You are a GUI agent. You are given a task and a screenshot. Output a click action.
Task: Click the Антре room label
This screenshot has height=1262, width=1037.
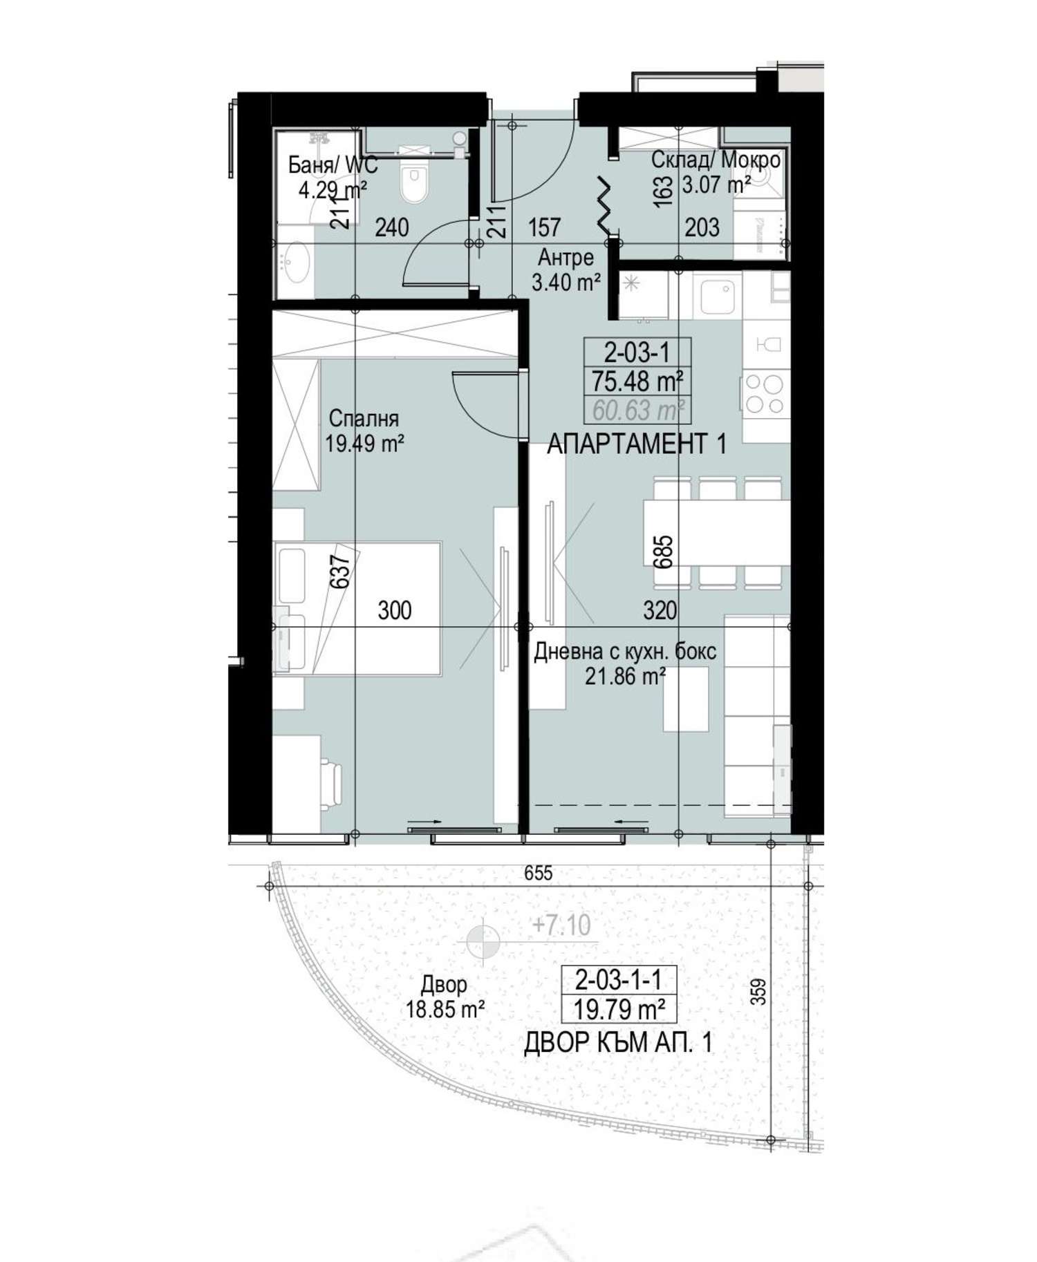[x=566, y=258]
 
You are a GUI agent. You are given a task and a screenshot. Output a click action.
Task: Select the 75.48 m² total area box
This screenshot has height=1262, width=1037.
[x=637, y=381]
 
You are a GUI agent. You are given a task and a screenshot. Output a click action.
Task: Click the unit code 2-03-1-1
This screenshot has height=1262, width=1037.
[x=618, y=979]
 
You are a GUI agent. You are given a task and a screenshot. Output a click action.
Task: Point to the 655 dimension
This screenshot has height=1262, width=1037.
[x=538, y=873]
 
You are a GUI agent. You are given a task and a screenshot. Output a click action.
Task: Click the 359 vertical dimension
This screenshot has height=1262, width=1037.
[x=759, y=992]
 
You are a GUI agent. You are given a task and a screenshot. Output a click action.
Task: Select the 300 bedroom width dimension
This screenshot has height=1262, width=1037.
[x=395, y=610]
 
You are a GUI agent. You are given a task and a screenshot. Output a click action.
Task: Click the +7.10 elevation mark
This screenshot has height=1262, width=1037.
[x=561, y=925]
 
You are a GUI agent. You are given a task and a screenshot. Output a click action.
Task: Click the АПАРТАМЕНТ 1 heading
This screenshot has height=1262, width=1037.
[x=637, y=444]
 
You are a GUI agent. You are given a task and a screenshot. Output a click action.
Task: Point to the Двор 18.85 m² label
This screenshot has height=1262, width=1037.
[x=445, y=997]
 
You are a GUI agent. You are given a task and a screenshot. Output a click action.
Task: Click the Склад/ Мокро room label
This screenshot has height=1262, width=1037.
[x=716, y=160]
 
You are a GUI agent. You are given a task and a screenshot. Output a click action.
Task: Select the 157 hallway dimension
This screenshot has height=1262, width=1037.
[x=544, y=227]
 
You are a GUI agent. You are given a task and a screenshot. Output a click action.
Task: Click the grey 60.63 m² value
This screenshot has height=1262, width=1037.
[x=638, y=411]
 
